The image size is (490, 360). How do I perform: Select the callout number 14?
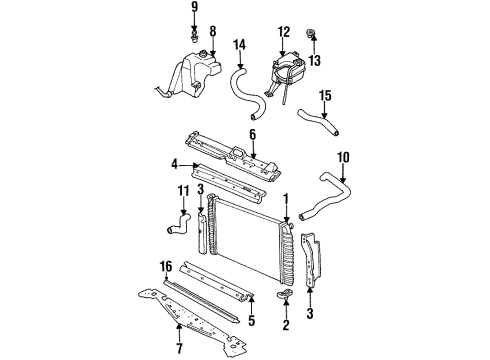click(x=239, y=45)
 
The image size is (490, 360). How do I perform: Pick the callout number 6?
click(x=253, y=135)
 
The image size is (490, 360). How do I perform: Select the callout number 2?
click(x=285, y=326)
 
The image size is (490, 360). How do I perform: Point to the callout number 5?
click(x=223, y=322)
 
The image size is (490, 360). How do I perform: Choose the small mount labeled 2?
click(x=285, y=297)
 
